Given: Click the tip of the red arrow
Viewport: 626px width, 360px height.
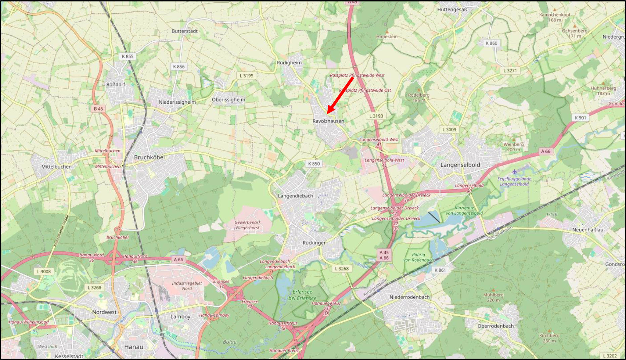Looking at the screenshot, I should pos(328,113).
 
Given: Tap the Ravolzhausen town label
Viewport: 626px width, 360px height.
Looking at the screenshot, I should pos(328,121).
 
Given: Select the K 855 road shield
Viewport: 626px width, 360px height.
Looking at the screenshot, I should pos(127,56).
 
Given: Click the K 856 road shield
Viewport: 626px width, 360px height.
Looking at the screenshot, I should pos(179,66).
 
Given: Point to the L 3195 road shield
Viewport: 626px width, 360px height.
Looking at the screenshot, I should pos(246,76).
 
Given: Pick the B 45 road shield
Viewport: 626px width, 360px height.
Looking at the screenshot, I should pos(98,108).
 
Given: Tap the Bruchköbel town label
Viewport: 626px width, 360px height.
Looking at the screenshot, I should pos(149,157).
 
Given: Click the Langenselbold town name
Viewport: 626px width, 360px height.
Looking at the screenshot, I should pos(460,165).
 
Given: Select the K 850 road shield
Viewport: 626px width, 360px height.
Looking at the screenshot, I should pos(314,164).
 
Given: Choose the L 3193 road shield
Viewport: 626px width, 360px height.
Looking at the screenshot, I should pos(376,116).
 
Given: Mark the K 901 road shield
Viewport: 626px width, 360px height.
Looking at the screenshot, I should pos(580,118).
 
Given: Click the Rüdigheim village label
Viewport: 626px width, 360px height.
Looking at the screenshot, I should pos(289,62).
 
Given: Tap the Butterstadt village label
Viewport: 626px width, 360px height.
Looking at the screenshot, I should pos(184,31).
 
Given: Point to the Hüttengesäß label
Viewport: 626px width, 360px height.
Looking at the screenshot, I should pos(452,9).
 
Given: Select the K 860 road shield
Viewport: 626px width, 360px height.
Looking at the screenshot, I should pos(491,43).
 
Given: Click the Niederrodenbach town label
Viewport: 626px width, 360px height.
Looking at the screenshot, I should pos(409,297).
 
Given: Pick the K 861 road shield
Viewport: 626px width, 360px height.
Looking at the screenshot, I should pos(440,270).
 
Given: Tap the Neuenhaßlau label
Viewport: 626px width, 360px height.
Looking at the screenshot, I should pos(588,230).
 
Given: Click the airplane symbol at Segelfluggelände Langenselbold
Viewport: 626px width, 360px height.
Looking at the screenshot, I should pos(514,172).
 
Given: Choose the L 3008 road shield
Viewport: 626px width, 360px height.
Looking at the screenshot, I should pos(44,271).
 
